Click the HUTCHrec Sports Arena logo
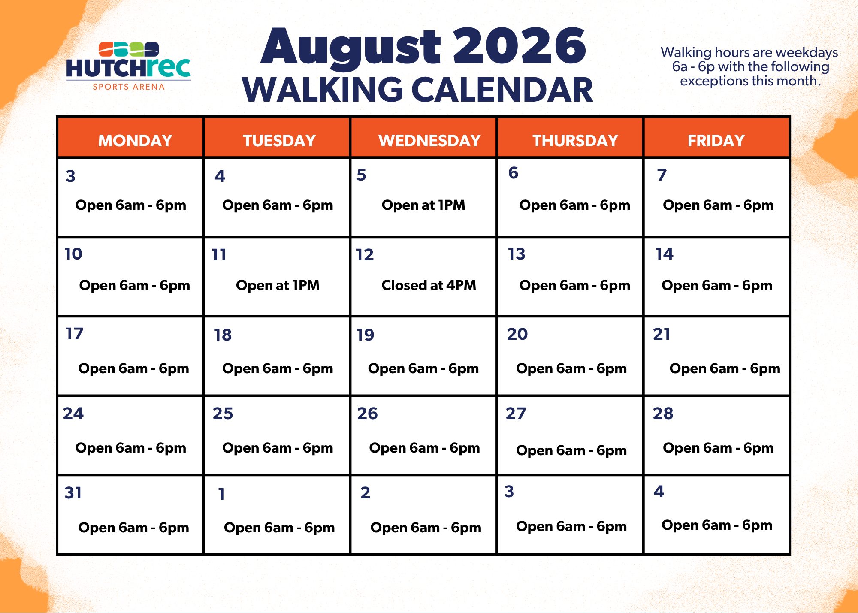pos(128,66)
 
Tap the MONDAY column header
pos(135,141)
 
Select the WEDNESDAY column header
pos(429,141)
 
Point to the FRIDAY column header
pos(716,141)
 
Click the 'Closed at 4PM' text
pos(429,285)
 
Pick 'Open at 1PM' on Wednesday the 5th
pos(423,205)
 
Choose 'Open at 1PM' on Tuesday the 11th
pos(278,285)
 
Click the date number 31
pos(73,493)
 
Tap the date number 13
pos(517,254)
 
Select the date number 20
pos(517,334)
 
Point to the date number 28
pos(663,414)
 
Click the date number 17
pos(74,334)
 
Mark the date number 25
pos(223,414)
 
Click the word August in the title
pos(351,48)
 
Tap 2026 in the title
pos(520,45)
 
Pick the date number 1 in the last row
pos(221,494)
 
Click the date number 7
pos(662,175)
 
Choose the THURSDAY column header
pos(575,141)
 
